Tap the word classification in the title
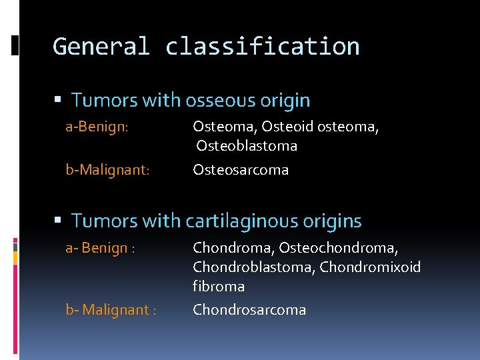[262, 47]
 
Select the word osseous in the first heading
[217, 101]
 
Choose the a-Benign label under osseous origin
[96, 127]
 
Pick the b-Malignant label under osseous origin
[107, 170]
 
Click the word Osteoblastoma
[247, 146]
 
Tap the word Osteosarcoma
[241, 170]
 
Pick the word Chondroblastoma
[254, 267]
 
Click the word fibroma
[219, 287]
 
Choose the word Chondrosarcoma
[249, 310]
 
